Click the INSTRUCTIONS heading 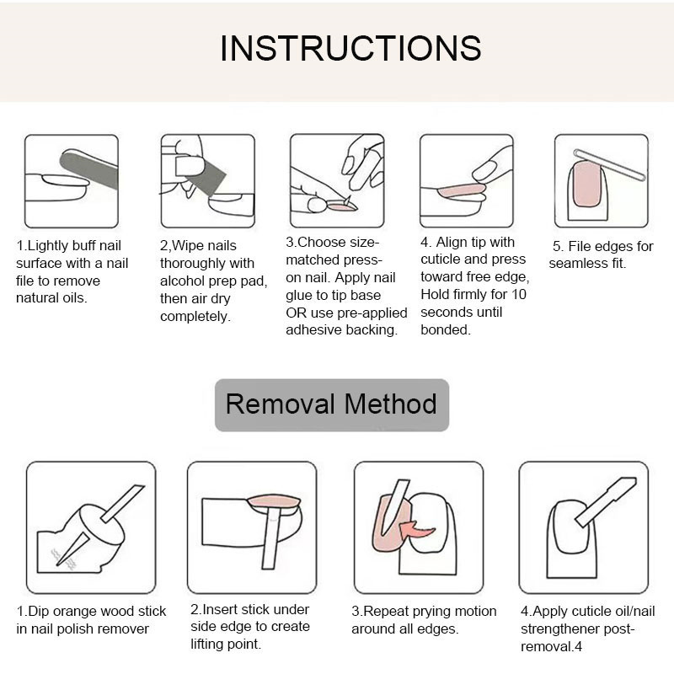[x=350, y=48]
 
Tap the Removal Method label [x=331, y=404]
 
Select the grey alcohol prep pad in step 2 [x=206, y=176]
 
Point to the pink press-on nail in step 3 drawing [x=342, y=207]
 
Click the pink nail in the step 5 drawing [x=587, y=184]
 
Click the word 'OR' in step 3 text [x=296, y=313]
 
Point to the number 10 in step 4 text [x=519, y=294]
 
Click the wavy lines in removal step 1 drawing [x=62, y=559]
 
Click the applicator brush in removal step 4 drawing [x=606, y=501]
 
